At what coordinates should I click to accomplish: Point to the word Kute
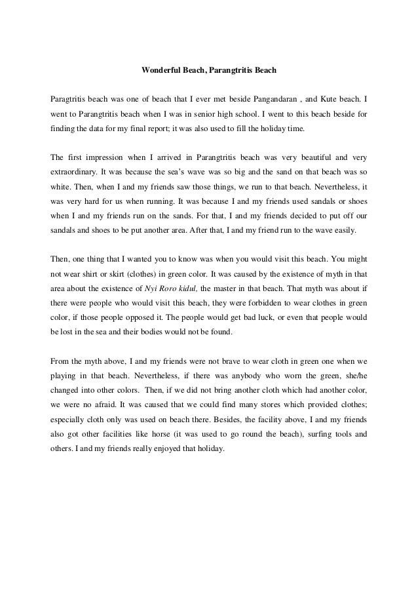pos(329,99)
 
